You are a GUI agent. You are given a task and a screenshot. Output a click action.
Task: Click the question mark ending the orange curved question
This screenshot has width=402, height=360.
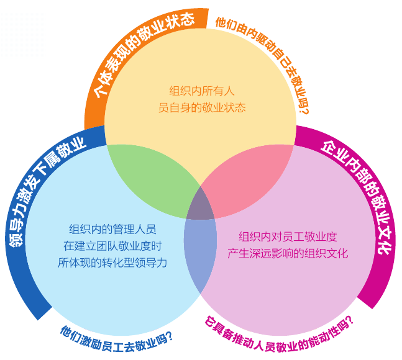303,110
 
